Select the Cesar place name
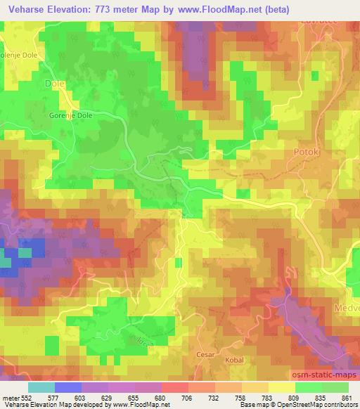(x=205, y=355)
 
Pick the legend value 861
(x=347, y=398)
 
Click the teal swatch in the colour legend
(x=41, y=387)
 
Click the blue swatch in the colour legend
(x=68, y=387)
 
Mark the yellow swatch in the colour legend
(x=281, y=387)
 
